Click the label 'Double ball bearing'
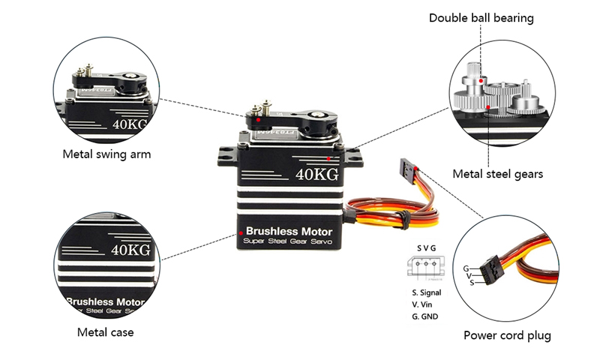coord(481,17)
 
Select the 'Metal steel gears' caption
coord(497,174)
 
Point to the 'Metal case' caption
coord(106,331)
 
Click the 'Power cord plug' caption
coord(507,335)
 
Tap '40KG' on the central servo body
coord(316,175)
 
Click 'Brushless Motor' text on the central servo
coord(289,231)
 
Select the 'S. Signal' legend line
coord(426,292)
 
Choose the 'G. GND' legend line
coord(424,316)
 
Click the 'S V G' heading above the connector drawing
coord(426,248)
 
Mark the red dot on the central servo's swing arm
coord(258,120)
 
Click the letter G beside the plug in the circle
coord(466,268)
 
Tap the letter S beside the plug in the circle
coord(472,283)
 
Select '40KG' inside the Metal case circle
coord(130,249)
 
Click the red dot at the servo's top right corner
coord(331,158)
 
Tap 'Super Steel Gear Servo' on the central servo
coord(289,243)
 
